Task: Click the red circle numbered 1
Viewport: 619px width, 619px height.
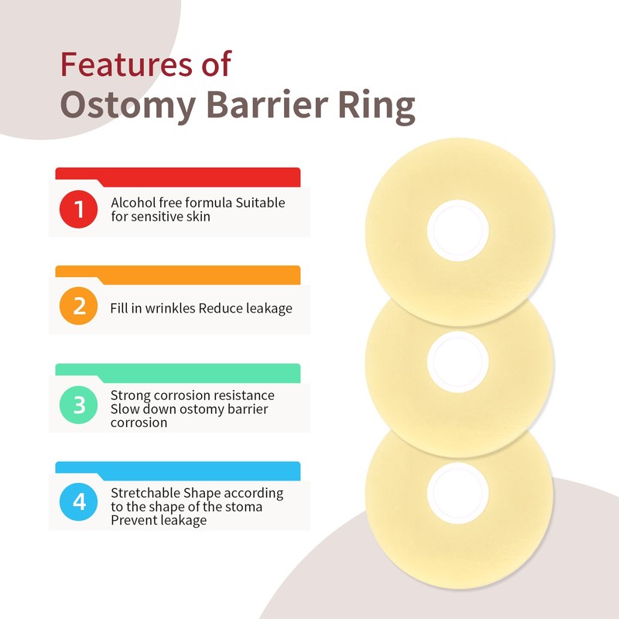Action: tap(79, 209)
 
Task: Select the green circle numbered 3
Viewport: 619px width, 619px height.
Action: tap(79, 404)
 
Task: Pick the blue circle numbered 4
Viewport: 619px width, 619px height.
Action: tap(79, 501)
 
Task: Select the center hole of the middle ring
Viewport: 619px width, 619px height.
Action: tap(459, 357)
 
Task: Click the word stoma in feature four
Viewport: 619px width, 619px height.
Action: tap(245, 507)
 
